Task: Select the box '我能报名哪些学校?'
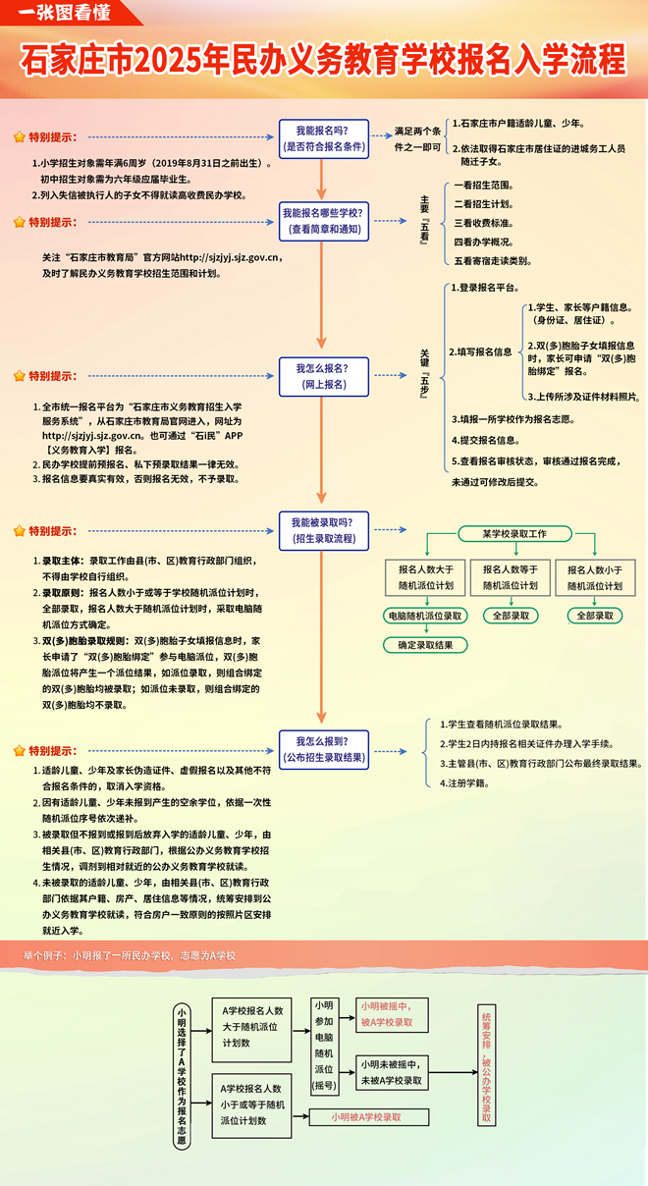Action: (x=323, y=221)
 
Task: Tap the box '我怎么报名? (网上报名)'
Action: (x=321, y=376)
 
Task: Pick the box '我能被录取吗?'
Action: (x=323, y=530)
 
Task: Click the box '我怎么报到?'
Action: (x=323, y=748)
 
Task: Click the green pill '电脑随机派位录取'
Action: (x=425, y=616)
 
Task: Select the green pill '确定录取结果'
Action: (x=425, y=645)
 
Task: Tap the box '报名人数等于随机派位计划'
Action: (x=510, y=577)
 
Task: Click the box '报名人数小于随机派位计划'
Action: (x=594, y=577)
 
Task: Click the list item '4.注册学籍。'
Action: (x=469, y=782)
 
